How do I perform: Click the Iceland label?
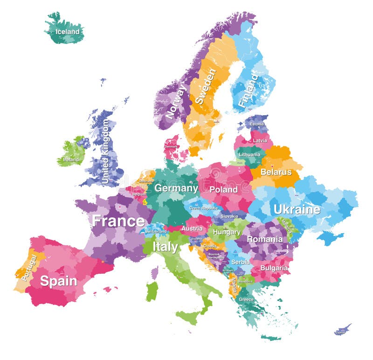pos(68,32)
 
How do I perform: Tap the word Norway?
pos(176,101)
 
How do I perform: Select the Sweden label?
pos(205,86)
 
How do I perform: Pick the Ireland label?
pos(71,159)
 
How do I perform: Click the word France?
pos(118,221)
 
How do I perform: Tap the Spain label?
pos(58,281)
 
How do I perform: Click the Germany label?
pos(176,188)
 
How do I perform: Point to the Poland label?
pos(223,190)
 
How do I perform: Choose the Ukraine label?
pos(297,209)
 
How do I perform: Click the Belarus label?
pos(276,172)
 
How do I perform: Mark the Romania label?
pos(264,239)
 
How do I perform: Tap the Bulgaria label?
pos(274,268)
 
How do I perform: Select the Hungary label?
pos(227,232)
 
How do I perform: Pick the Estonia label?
pos(256,125)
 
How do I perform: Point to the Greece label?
pos(246,299)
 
